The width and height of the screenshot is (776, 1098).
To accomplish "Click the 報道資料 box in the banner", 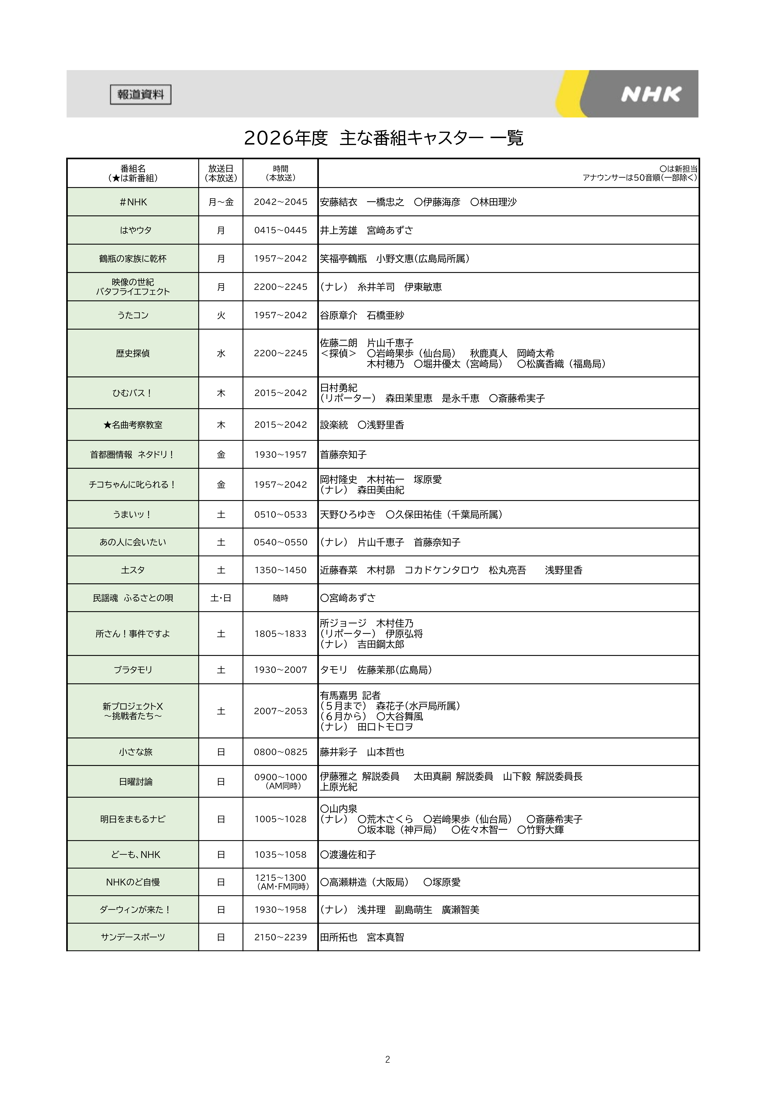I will click(x=141, y=95).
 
